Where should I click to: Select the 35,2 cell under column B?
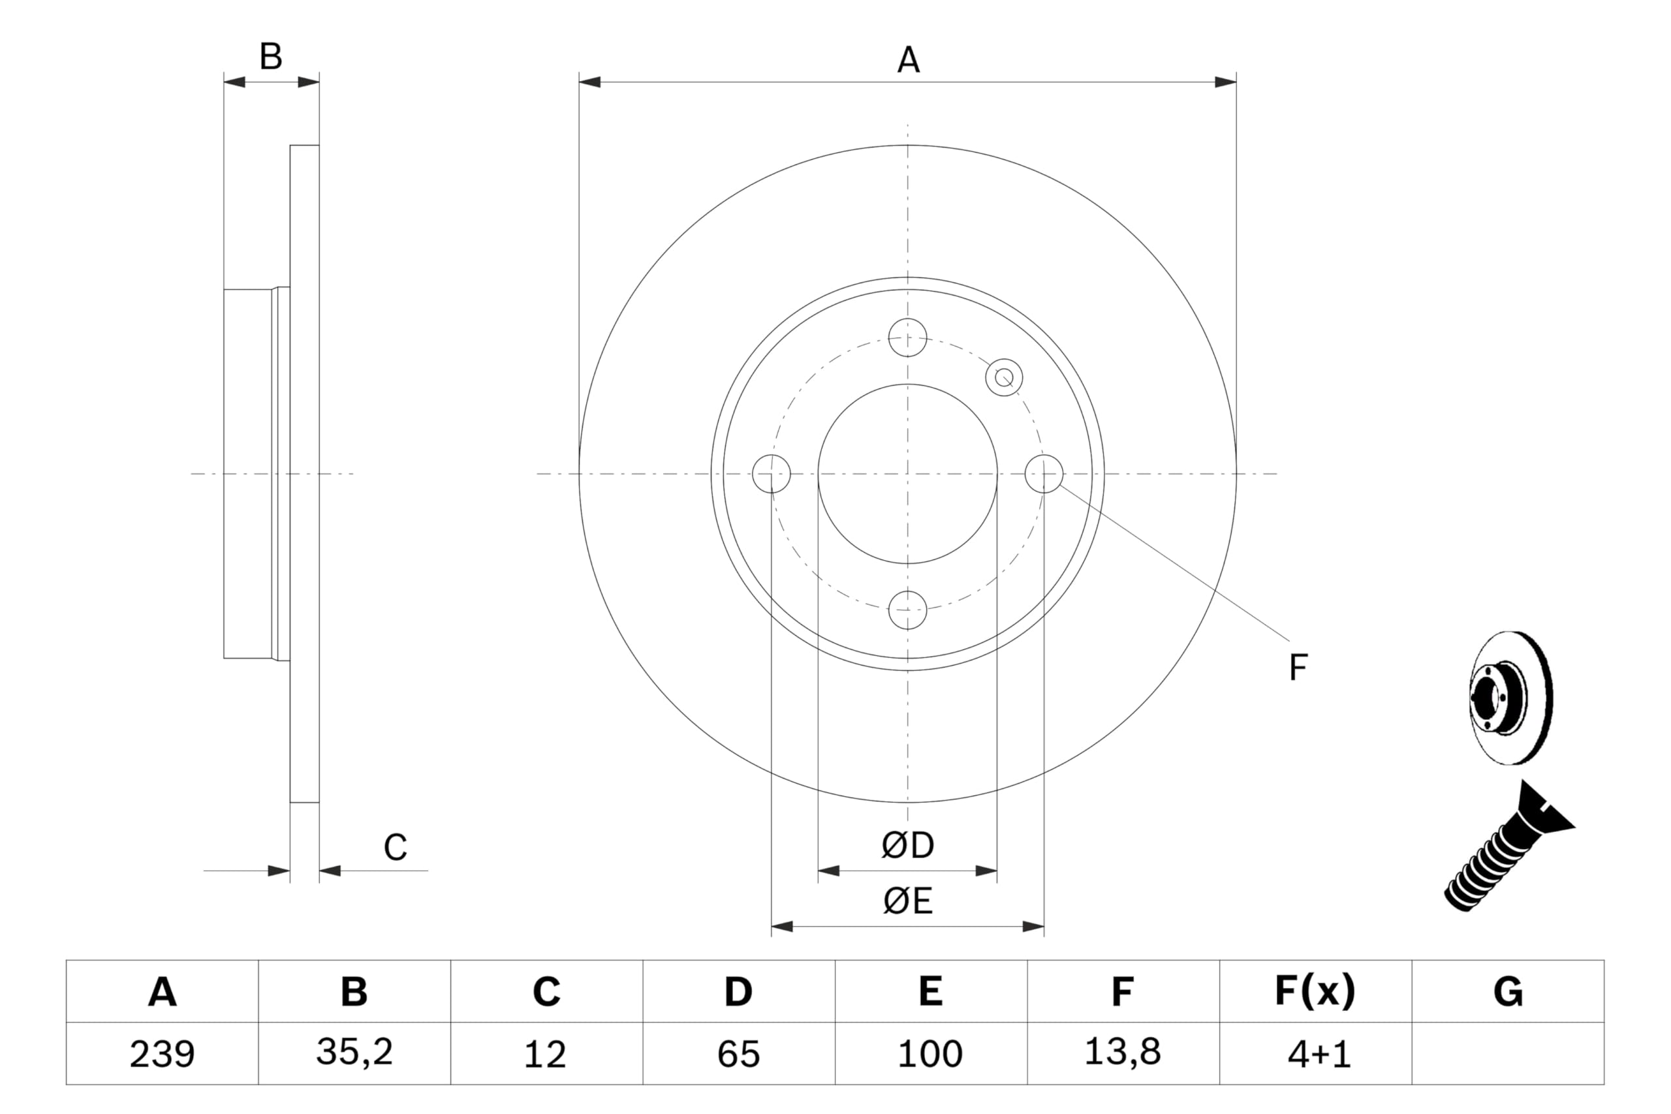pyautogui.click(x=354, y=1051)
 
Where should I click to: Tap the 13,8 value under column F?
pyautogui.click(x=1123, y=1051)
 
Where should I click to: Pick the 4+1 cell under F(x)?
pyautogui.click(x=1319, y=1055)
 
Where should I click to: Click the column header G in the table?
pyautogui.click(x=1508, y=992)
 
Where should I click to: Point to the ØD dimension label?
pyautogui.click(x=907, y=845)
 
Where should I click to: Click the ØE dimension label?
pyautogui.click(x=907, y=901)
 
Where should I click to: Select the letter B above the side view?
pyautogui.click(x=271, y=57)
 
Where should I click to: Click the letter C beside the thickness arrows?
pyautogui.click(x=395, y=848)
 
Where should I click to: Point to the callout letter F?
pyautogui.click(x=1298, y=668)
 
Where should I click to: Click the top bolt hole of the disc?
pyautogui.click(x=907, y=337)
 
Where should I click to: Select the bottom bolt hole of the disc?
pyautogui.click(x=907, y=610)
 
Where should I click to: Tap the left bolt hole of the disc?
pyautogui.click(x=771, y=473)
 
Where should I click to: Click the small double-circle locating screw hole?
pyautogui.click(x=1004, y=377)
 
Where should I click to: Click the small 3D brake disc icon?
pyautogui.click(x=1510, y=698)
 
